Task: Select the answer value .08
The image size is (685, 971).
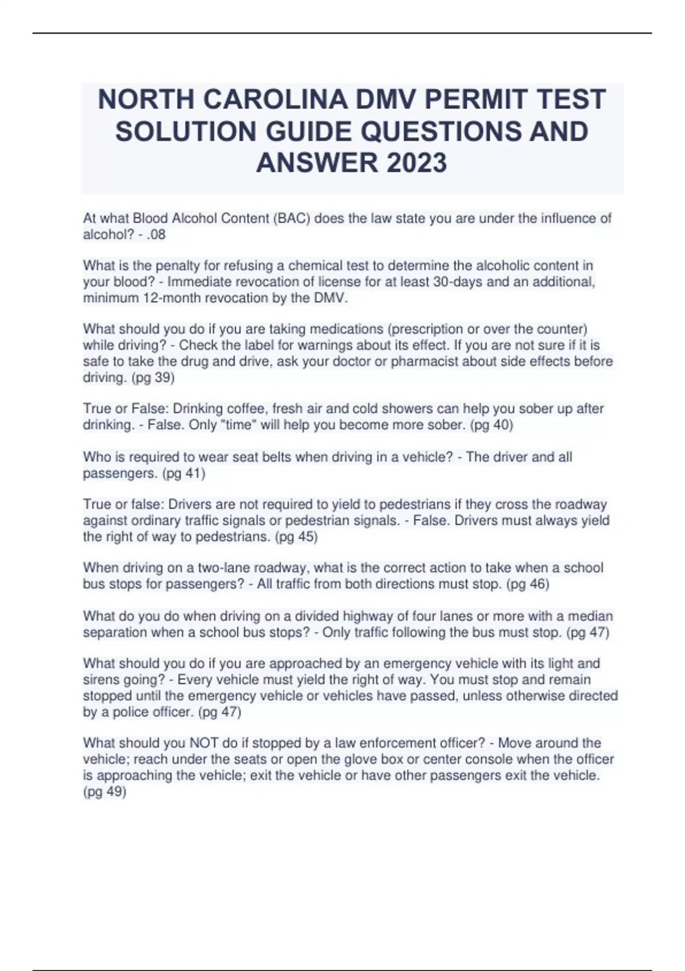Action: point(156,234)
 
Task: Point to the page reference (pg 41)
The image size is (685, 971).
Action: point(184,473)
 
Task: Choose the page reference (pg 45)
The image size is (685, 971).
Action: point(296,536)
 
